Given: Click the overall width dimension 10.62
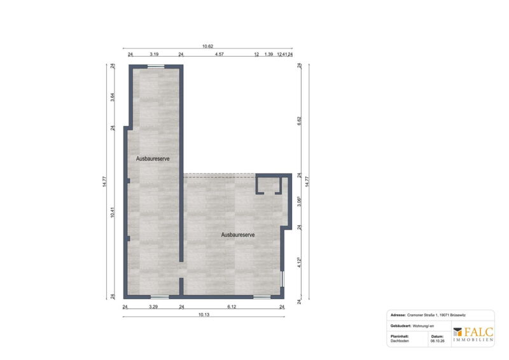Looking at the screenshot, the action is tap(207, 46).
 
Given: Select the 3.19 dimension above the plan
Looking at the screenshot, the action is tap(154, 54).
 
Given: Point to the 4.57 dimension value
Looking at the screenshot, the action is tap(219, 54).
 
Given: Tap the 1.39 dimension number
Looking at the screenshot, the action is tap(268, 54).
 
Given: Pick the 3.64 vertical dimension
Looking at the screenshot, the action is tap(113, 97).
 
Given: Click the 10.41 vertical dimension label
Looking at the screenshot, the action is tap(113, 212).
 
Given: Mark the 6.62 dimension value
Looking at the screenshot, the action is tap(299, 121).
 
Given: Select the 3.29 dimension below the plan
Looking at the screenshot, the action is tap(153, 307).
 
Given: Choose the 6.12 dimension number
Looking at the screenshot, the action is tap(232, 307).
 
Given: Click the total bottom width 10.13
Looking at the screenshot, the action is tap(204, 315).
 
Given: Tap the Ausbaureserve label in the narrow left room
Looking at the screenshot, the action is tap(153, 159).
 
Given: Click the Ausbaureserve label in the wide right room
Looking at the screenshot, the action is tap(238, 235).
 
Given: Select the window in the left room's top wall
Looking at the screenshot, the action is tap(156, 67).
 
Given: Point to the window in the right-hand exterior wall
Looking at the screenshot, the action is tap(282, 279).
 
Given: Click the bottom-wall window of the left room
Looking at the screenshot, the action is tap(160, 296).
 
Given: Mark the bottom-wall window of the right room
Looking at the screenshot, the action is tap(261, 296).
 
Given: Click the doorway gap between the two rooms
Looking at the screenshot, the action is tap(181, 270).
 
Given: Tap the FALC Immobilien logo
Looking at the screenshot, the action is tap(473, 335).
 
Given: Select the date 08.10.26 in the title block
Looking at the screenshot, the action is tap(438, 341).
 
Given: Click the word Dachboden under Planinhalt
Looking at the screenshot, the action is tap(400, 341).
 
